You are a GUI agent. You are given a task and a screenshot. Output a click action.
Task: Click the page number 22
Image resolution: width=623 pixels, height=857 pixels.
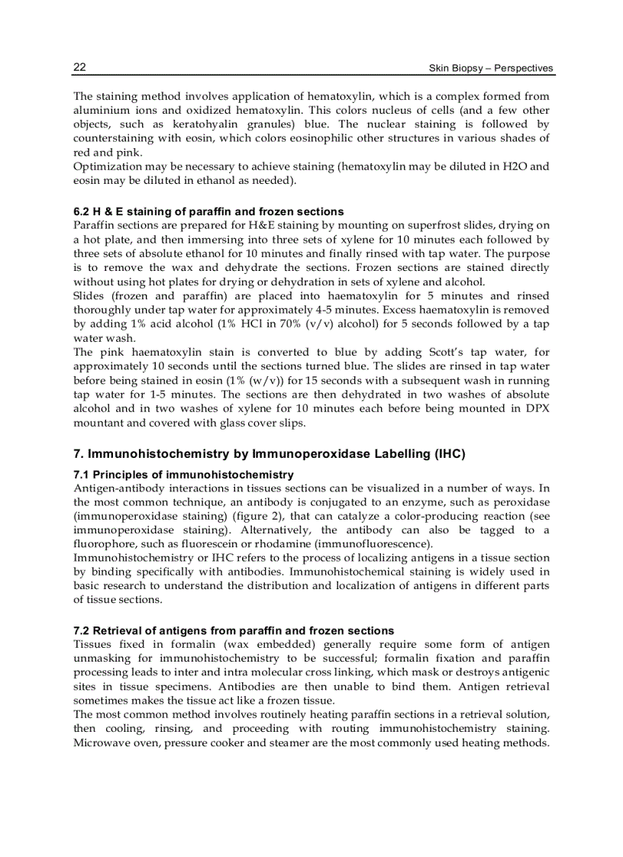(79, 67)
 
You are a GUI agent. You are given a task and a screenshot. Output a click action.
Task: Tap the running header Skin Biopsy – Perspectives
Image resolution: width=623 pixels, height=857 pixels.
(492, 68)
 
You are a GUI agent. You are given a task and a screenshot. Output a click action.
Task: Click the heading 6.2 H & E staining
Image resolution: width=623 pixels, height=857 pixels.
(208, 211)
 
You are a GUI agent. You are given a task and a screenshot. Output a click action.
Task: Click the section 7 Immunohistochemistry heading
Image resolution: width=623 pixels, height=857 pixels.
(269, 454)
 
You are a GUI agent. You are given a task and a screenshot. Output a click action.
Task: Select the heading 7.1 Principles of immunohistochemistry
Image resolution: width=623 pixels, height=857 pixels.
(183, 475)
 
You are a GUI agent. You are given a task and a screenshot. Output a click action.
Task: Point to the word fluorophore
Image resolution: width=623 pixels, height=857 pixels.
(103, 543)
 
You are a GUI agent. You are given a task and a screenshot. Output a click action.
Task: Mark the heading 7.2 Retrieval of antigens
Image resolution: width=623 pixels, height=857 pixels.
(233, 630)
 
